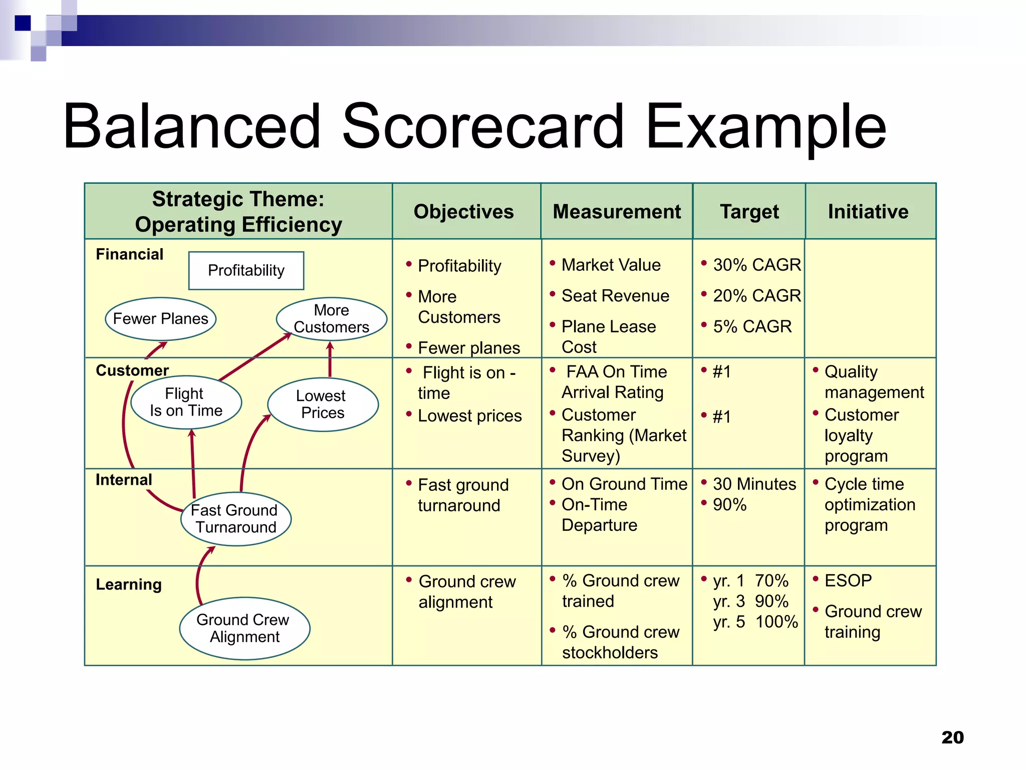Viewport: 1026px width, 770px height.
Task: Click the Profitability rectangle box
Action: coord(246,271)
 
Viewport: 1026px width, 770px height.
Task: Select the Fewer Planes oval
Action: coord(160,319)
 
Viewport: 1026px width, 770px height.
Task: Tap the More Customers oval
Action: coord(331,319)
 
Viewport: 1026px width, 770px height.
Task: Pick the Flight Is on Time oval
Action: coord(186,402)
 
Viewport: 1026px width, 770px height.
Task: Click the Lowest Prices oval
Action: coord(323,404)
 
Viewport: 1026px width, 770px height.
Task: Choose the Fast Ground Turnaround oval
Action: coord(235,519)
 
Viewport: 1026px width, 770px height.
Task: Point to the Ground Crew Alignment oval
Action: coord(244,628)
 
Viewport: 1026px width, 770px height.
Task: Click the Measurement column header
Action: coord(617,212)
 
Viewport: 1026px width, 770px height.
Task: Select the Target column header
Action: coord(749,212)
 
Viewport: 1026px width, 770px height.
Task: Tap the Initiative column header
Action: coord(868,212)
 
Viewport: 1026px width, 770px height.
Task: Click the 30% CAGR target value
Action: coord(756,265)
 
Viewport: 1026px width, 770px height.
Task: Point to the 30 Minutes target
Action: coord(754,484)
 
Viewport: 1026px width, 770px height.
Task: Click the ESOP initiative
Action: coord(848,581)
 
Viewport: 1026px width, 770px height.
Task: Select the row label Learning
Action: coord(129,585)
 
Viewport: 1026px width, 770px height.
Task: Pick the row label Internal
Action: coord(124,480)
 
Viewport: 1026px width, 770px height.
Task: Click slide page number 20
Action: coord(952,737)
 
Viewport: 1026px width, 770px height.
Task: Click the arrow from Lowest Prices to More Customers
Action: coord(330,359)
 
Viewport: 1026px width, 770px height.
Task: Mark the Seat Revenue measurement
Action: coord(615,296)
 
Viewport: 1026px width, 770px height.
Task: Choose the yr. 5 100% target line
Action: coord(755,622)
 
